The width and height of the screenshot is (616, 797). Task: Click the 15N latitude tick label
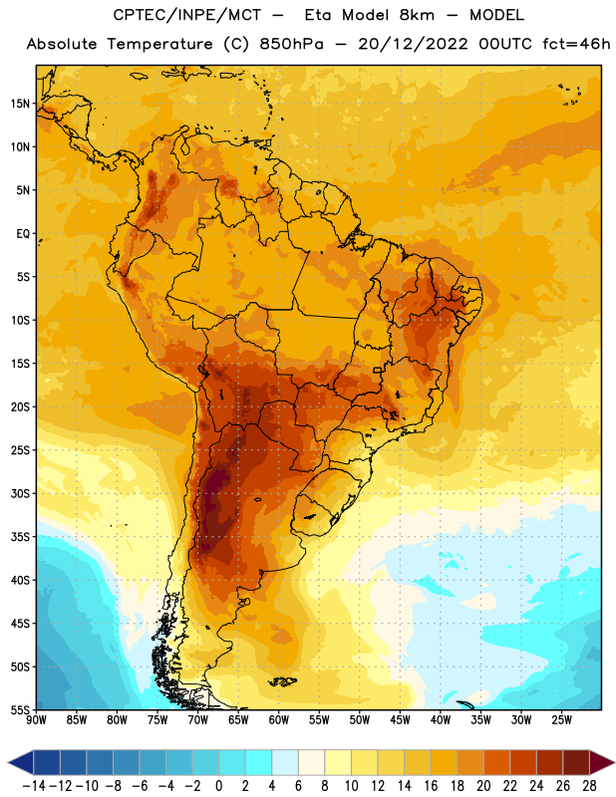(20, 104)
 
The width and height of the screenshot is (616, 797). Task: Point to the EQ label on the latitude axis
(23, 234)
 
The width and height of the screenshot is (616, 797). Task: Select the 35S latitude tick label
(20, 537)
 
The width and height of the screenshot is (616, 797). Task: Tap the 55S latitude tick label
(20, 709)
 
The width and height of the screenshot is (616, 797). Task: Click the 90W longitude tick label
(37, 719)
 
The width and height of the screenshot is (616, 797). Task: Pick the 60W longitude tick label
(279, 719)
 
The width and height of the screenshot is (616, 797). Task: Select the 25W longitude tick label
(561, 719)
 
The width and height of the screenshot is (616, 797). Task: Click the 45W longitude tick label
(400, 719)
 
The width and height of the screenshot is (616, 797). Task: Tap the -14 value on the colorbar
(34, 786)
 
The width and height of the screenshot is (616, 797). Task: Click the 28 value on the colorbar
(589, 786)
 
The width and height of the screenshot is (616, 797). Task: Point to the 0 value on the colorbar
(219, 786)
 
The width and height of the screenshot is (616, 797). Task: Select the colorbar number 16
(431, 786)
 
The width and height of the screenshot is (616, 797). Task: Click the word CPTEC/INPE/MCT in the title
(186, 15)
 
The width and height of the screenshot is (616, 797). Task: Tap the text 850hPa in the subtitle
(291, 44)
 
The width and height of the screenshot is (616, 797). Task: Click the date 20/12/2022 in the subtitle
(413, 44)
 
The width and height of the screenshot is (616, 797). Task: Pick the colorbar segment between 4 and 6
(285, 762)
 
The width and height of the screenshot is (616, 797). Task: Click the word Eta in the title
(318, 15)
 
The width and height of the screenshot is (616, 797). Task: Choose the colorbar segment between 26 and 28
(576, 762)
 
